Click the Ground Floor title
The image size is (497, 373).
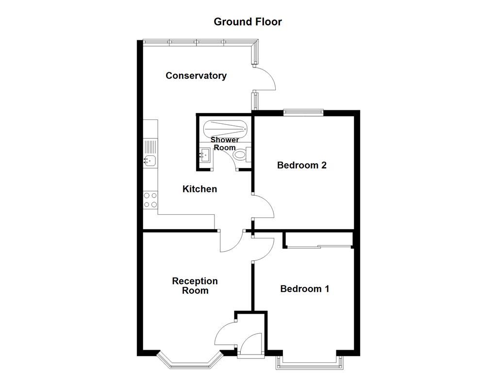248,22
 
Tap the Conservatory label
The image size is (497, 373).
196,76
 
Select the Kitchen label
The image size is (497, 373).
199,189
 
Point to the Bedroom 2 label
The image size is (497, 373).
301,165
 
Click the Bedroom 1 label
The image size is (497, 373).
305,289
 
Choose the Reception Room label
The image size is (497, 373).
195,286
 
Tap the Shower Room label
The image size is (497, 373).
224,144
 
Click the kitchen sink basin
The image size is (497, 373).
150,160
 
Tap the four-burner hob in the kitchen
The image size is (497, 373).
150,200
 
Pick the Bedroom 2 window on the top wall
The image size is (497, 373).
303,113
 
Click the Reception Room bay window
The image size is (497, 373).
189,360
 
